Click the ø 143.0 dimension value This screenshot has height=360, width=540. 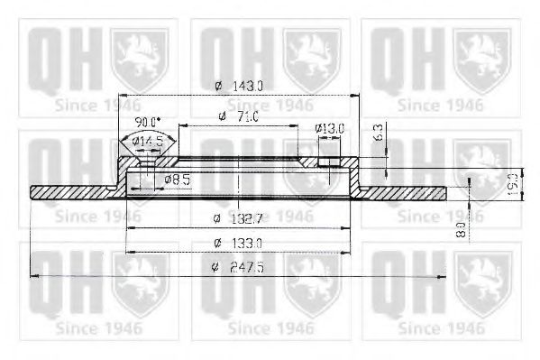pos(238,86)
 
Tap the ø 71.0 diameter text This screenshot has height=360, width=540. pos(238,117)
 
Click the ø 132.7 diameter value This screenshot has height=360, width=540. pos(238,217)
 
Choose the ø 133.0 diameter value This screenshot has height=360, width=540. pos(238,243)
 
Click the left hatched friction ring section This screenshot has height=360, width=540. pos(72,192)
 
